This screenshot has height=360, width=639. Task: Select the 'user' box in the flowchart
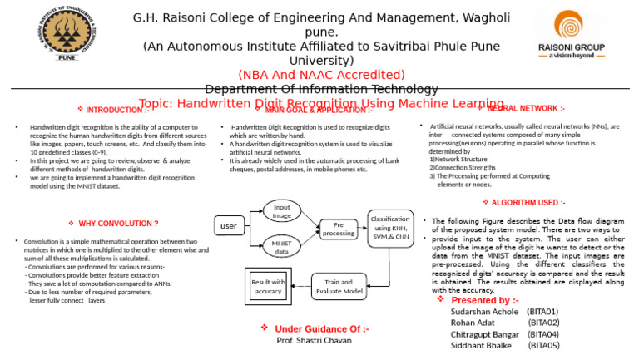tap(227, 225)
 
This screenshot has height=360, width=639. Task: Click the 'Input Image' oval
tap(282, 188)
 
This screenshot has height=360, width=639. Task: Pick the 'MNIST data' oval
tap(282, 247)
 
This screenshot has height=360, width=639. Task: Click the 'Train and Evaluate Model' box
tap(338, 287)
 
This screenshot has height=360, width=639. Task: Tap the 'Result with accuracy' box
tap(268, 287)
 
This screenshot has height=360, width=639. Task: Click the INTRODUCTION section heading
tap(114, 110)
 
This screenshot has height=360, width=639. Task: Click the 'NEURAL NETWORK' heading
tap(526, 108)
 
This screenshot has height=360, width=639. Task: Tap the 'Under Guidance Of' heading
tap(321, 329)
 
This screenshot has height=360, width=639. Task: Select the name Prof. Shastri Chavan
tap(315, 341)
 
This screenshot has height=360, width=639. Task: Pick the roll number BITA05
tap(543, 345)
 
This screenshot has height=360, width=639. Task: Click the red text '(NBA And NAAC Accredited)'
tap(321, 75)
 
